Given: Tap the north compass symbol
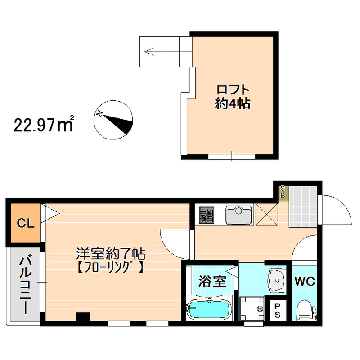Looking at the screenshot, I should coord(114,120).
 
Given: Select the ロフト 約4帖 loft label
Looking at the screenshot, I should coord(232,97).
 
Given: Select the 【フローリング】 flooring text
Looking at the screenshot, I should coord(110,268).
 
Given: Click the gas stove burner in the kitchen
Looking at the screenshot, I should coord(207,215).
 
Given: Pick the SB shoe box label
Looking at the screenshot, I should coord(283,192).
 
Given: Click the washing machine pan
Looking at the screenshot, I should coord(252,309).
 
